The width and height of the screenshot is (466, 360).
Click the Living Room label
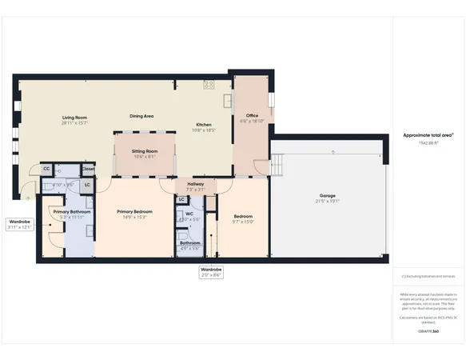pos(74,117)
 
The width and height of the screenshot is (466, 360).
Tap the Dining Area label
pos(141,117)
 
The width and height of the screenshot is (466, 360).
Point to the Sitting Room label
pos(145,150)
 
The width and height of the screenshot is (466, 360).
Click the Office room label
pos(251,116)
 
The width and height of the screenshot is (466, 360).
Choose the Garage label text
pos(327,196)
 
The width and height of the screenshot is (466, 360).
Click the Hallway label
pos(195,184)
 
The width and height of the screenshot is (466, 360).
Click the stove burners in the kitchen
pos(209,83)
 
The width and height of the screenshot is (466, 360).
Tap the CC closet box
pos(46,170)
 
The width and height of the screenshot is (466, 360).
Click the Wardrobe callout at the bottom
pos(211,270)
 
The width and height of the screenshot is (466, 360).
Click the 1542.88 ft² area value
pos(428,143)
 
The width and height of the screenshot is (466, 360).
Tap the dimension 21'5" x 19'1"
pos(327,202)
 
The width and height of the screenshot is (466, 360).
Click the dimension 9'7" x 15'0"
pos(243,222)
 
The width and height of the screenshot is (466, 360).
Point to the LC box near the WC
pos(181,199)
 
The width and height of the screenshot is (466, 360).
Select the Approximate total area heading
pos(428,136)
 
